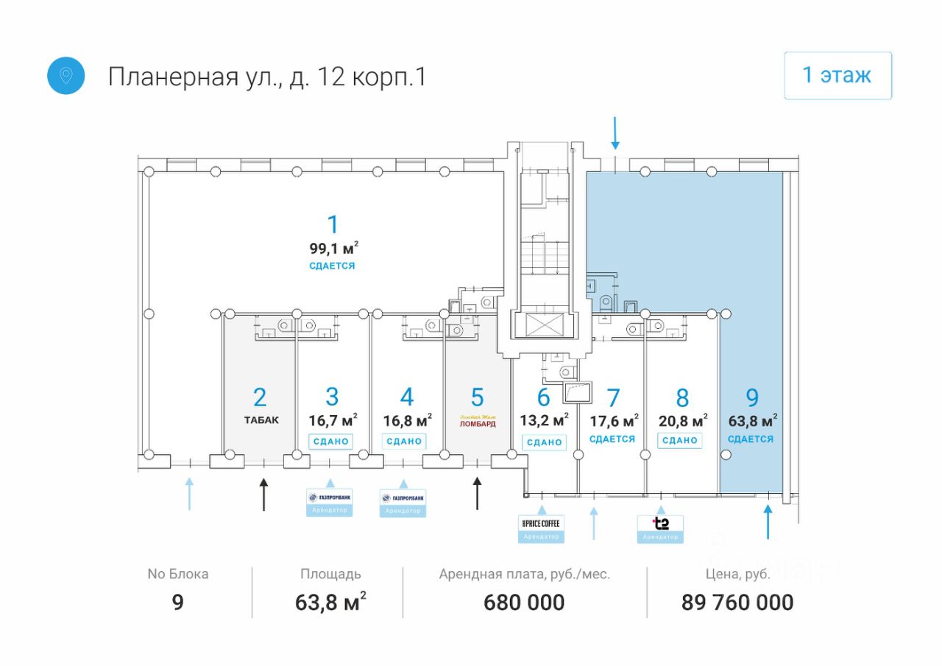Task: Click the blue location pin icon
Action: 66,76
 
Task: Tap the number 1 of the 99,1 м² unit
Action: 333,224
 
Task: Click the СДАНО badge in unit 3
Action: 330,442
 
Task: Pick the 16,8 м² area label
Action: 407,421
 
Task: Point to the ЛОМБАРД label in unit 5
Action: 478,423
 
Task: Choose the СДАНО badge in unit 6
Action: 545,442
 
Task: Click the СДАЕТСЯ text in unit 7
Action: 612,439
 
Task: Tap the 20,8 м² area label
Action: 683,421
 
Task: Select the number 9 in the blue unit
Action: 752,398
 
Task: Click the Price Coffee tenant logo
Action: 541,523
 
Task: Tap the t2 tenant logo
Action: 661,524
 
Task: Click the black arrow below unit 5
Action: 477,493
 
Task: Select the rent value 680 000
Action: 524,603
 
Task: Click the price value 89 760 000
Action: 737,603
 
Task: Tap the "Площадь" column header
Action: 330,574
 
